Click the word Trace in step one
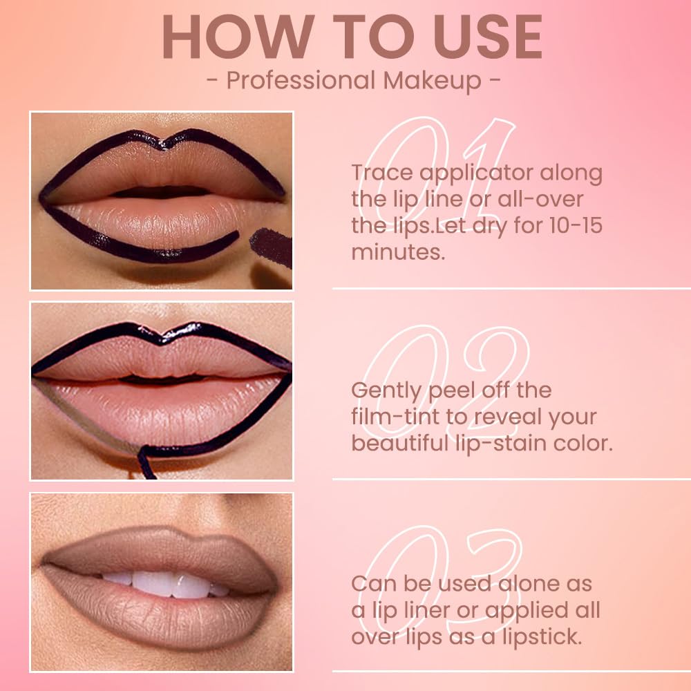click(384, 173)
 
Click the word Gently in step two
click(386, 391)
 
